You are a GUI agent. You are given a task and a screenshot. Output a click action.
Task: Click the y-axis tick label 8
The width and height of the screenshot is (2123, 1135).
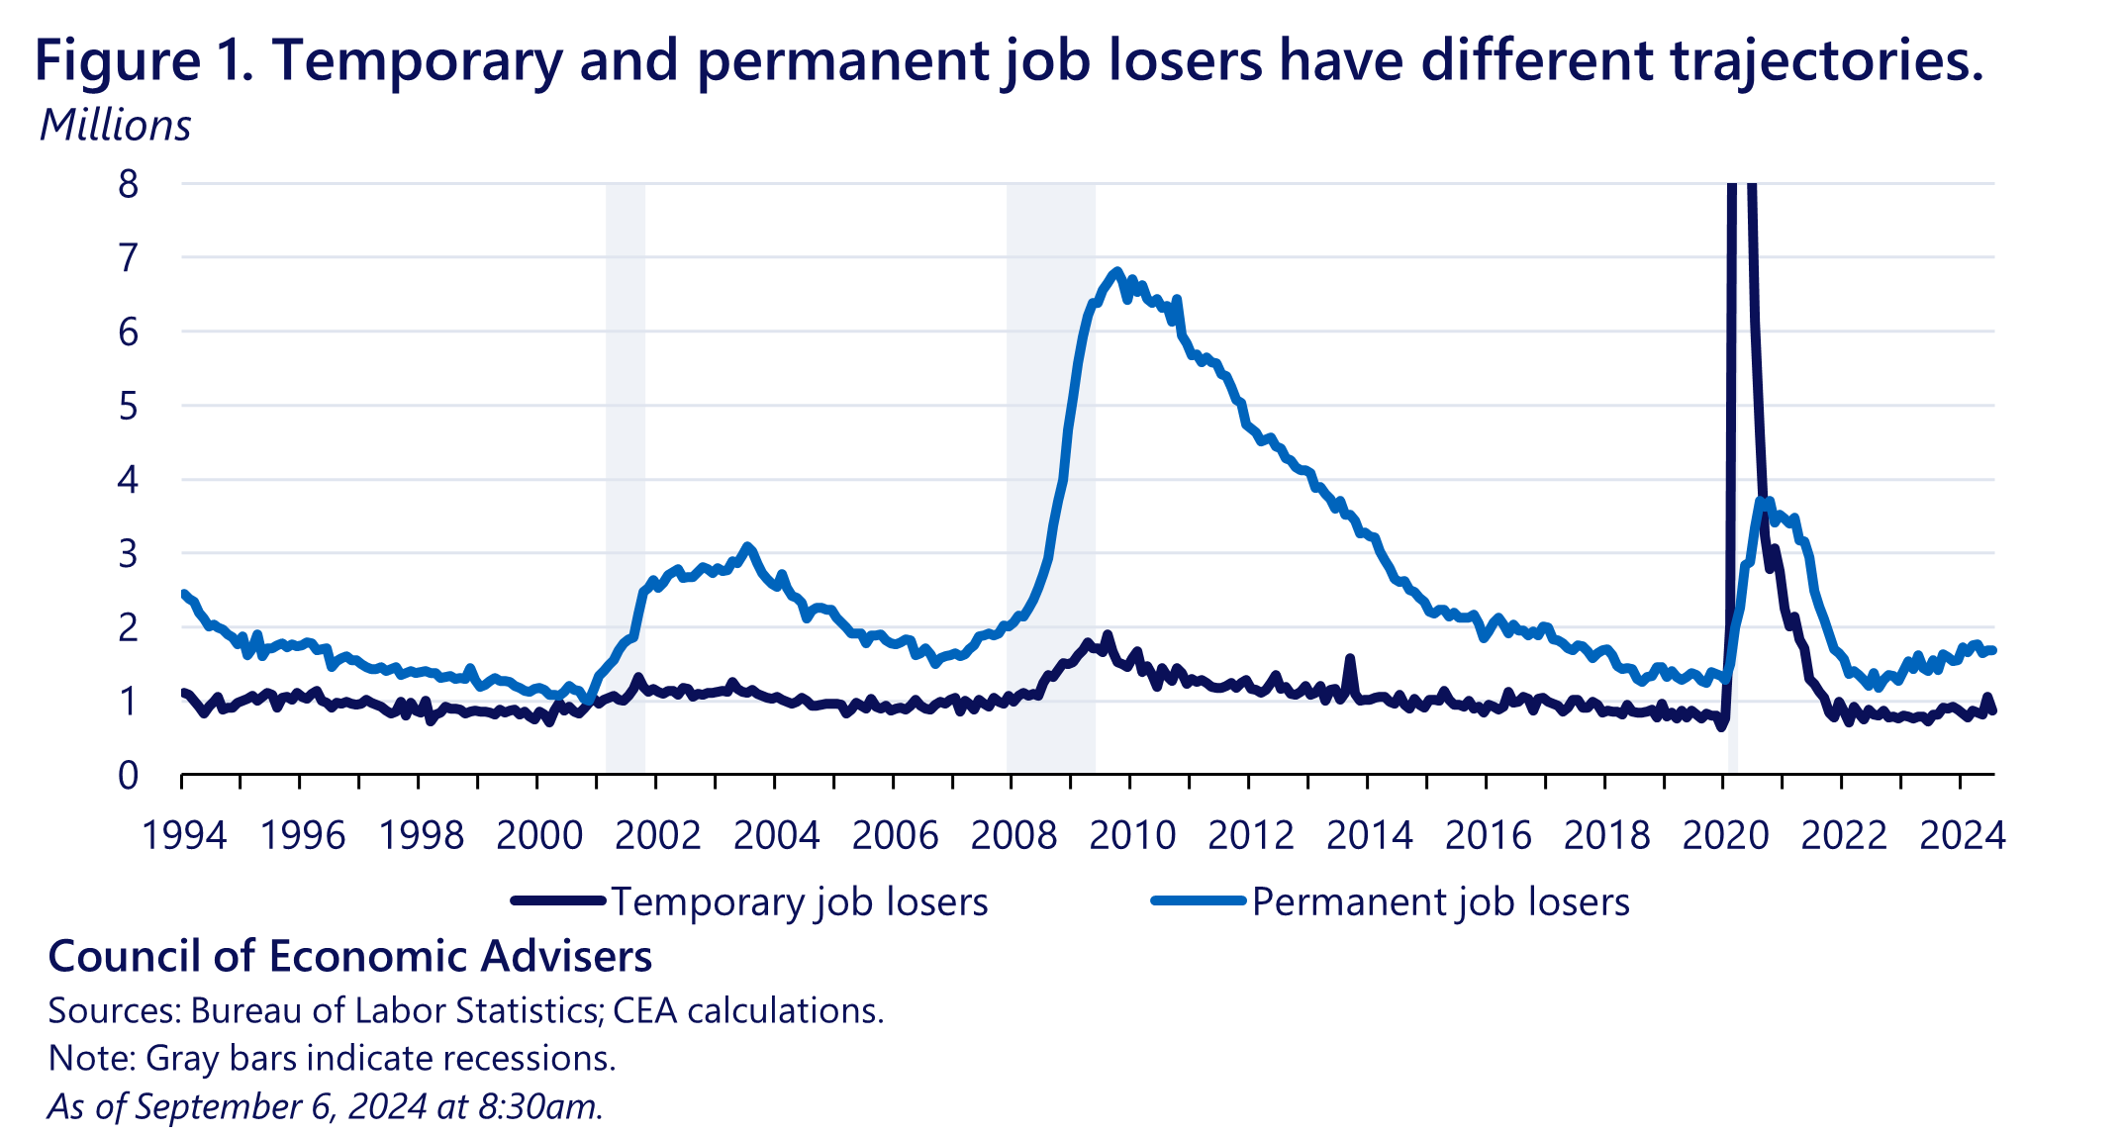click(129, 185)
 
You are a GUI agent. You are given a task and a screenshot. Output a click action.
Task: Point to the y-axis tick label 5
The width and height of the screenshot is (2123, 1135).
click(129, 407)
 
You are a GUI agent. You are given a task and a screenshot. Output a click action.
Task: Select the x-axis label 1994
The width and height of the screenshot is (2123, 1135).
click(184, 836)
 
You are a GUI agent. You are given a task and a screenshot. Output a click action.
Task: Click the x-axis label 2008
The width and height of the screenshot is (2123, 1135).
click(1013, 836)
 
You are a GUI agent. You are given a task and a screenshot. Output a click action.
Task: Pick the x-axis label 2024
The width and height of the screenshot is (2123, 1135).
click(1962, 836)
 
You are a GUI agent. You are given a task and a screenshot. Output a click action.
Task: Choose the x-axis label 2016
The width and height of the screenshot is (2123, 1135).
click(1488, 836)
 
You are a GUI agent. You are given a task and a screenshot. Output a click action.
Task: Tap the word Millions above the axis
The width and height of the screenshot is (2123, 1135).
click(115, 126)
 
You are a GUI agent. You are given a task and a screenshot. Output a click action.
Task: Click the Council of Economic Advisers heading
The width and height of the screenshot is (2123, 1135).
click(350, 957)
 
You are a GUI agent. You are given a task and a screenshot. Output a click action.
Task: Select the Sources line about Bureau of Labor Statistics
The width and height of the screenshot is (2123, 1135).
click(465, 1010)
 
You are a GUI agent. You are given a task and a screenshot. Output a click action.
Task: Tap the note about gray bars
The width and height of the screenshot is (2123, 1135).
click(332, 1058)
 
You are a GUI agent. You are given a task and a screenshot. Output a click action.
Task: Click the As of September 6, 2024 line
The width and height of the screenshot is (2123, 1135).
click(325, 1106)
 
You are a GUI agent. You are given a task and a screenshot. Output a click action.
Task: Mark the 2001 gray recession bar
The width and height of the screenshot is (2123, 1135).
click(626, 475)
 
